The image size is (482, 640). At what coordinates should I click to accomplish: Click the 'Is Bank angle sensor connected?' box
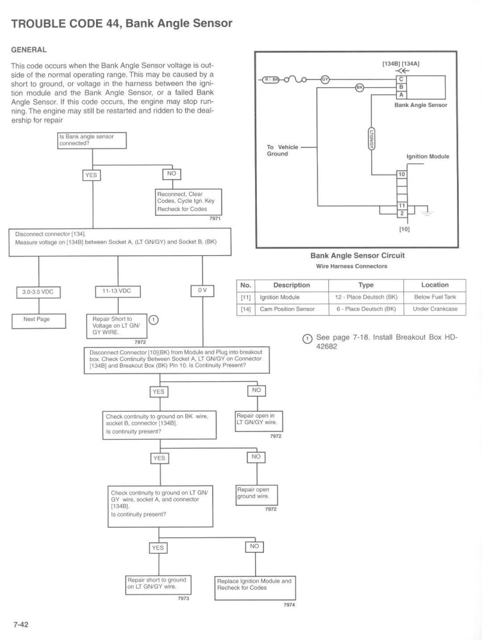point(92,140)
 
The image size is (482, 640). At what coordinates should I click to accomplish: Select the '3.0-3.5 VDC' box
point(38,292)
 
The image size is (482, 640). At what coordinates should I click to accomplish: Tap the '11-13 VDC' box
point(118,291)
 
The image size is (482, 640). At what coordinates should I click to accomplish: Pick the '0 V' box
point(202,291)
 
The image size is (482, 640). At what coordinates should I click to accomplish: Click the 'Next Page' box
point(39,321)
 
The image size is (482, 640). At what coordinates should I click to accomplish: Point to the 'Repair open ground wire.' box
point(256,495)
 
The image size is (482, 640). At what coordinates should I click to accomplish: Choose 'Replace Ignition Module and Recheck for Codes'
point(255,588)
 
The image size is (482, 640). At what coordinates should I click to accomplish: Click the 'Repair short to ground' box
point(158,585)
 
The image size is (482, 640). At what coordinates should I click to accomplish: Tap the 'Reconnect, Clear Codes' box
point(188,202)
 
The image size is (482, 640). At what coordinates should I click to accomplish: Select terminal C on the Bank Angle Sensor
point(401,79)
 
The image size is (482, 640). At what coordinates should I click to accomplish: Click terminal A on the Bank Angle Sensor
point(401,95)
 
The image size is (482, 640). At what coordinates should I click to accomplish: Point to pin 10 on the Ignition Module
point(402,174)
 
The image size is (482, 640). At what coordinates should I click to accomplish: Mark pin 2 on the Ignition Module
point(402,214)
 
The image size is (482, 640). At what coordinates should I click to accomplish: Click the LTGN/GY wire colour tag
point(371,139)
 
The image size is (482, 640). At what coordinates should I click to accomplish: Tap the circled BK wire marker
point(360,87)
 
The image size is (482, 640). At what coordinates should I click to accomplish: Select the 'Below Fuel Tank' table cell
point(435,297)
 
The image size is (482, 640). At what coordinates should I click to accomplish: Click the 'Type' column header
point(366,285)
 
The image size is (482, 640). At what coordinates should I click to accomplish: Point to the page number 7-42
point(21,624)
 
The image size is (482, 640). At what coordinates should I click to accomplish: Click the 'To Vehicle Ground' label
point(282,151)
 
